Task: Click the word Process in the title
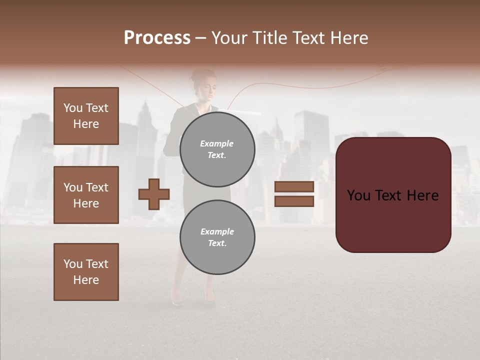157,38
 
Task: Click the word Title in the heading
268,38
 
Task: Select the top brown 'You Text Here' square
86,116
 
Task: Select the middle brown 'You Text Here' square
86,195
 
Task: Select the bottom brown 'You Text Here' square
86,272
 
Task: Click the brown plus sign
154,194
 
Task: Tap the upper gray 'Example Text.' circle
217,149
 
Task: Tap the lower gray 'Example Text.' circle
217,237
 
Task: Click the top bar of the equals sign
294,186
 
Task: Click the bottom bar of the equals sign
294,201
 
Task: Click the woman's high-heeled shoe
176,300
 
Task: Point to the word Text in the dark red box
393,195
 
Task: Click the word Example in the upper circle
216,143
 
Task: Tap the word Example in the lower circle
217,231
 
